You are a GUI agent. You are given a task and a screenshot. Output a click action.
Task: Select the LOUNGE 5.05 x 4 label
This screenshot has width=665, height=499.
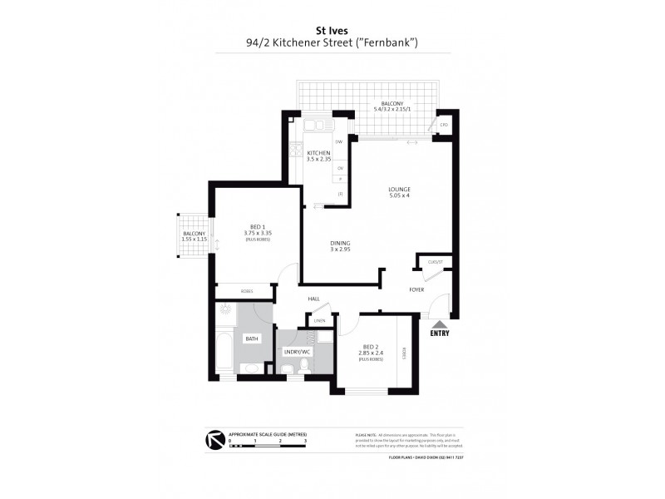point(399,192)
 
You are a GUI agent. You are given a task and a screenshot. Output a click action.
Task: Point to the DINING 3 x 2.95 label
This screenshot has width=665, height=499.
point(339,246)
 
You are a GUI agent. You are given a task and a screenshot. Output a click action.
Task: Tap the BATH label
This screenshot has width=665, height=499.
point(250,339)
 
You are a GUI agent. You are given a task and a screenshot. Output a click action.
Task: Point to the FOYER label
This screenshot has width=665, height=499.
point(416,289)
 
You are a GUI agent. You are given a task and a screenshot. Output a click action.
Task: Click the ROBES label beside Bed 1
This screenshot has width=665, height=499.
point(246,291)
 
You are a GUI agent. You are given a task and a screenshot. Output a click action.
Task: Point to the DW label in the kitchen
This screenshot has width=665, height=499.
point(339,142)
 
